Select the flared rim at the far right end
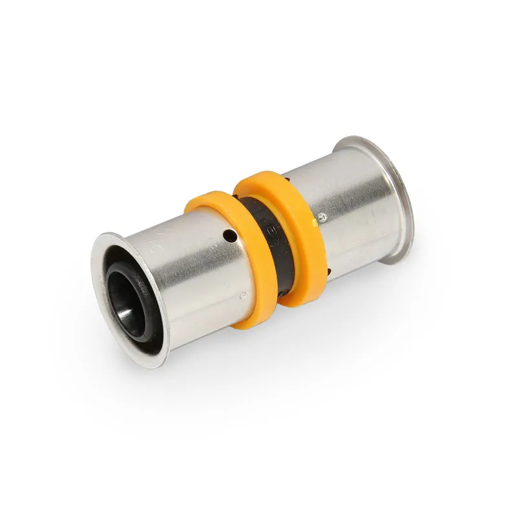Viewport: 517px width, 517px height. click(x=381, y=194)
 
